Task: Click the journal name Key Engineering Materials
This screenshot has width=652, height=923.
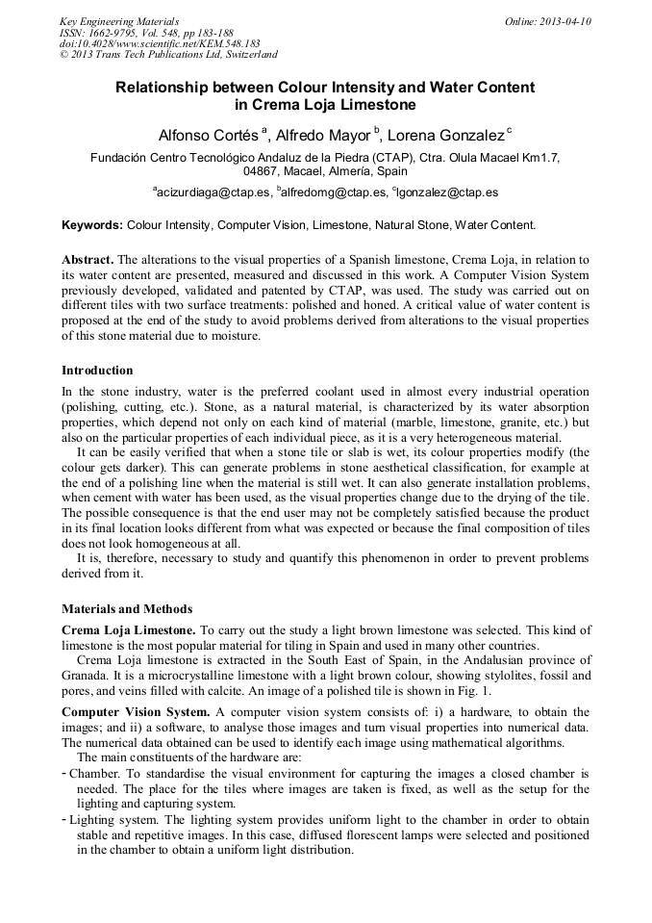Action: tap(118, 20)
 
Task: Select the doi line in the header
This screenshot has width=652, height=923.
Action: tap(160, 43)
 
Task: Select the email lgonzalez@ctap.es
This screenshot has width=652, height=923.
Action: tap(448, 192)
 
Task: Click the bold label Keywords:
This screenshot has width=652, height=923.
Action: tap(92, 225)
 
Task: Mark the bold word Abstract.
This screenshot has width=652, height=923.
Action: tap(88, 260)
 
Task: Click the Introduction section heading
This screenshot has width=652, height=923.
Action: tap(97, 371)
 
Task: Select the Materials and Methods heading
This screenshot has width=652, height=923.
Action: tap(127, 609)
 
